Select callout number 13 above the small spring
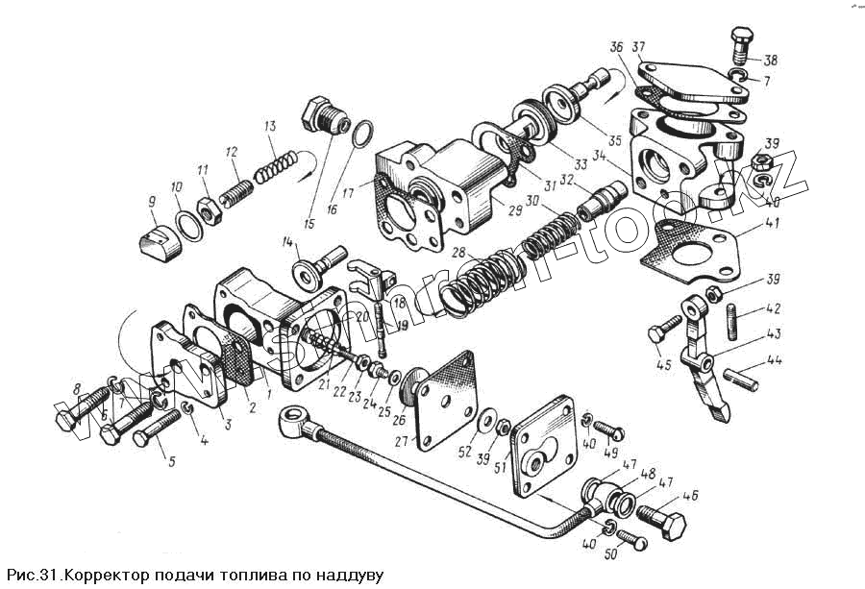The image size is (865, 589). click(271, 127)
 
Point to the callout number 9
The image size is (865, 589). click(151, 201)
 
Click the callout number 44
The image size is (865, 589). click(775, 362)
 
